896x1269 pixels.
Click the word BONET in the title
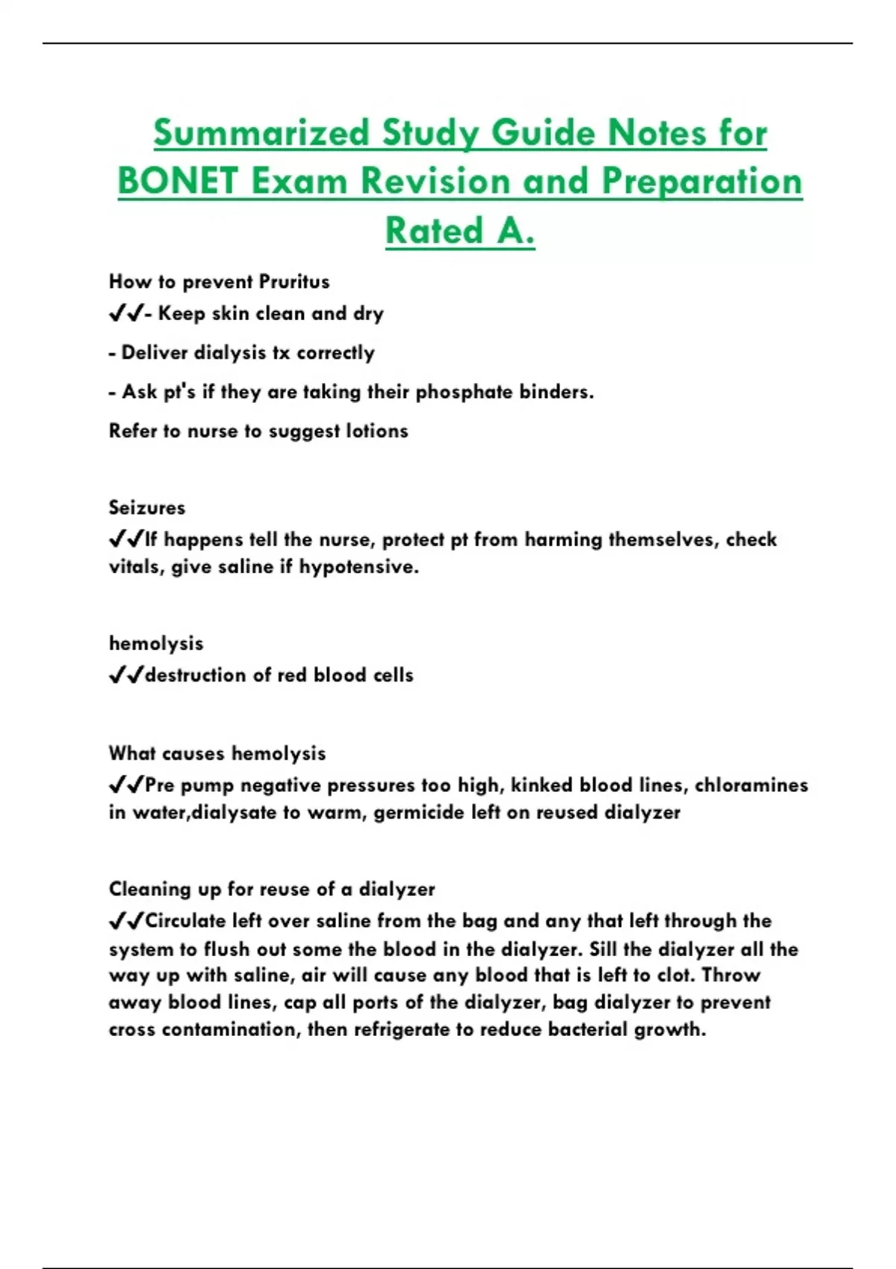tap(178, 181)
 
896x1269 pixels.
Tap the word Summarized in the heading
tap(261, 134)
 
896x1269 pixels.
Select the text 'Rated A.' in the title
tap(460, 230)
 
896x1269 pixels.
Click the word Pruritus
tap(293, 282)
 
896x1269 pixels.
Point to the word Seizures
tap(147, 508)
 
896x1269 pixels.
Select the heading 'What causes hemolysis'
tap(217, 753)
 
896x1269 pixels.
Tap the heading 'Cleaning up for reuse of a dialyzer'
tap(272, 889)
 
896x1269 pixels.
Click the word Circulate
tap(185, 921)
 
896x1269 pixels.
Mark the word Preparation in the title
tap(702, 181)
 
